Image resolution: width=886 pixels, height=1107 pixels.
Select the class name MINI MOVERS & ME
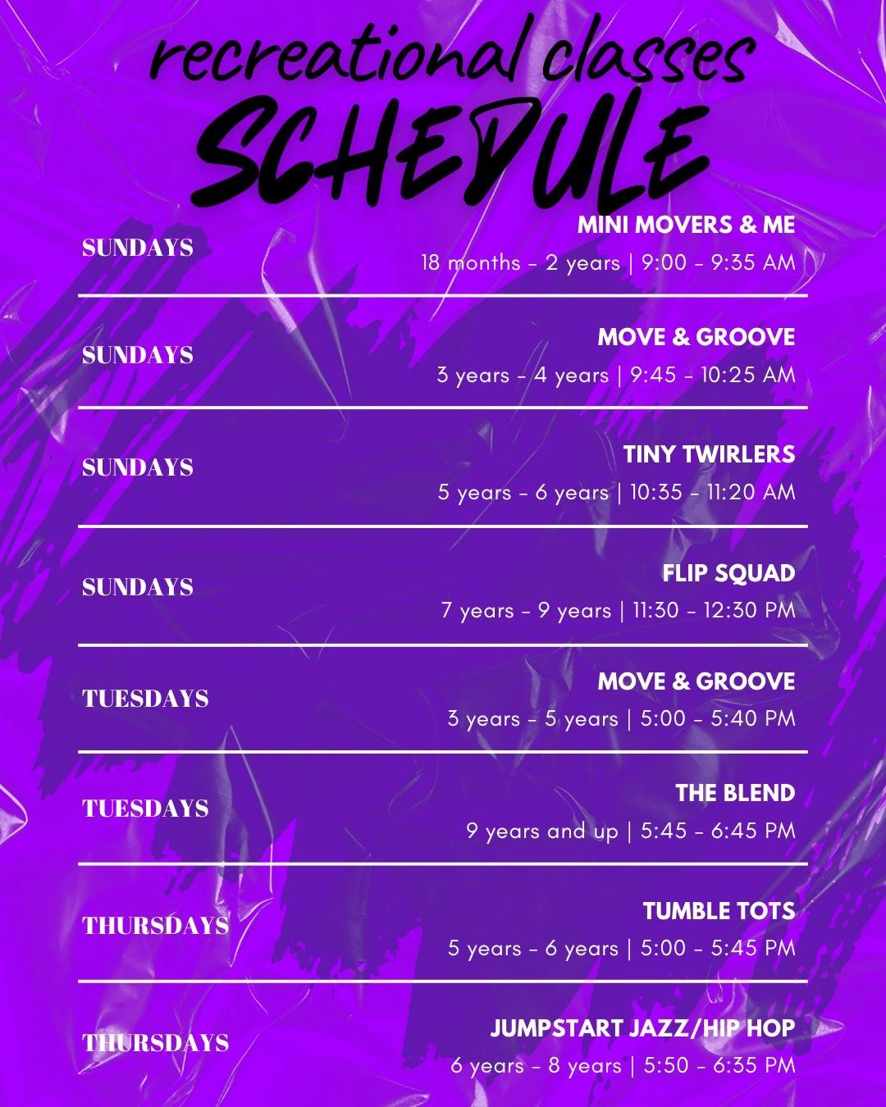point(686,225)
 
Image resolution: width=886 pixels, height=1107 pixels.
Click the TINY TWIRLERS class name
point(709,454)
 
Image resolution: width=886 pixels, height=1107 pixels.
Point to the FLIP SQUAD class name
point(728,573)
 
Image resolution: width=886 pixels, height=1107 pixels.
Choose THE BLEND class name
point(735,793)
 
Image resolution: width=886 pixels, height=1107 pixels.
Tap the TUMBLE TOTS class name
point(719,911)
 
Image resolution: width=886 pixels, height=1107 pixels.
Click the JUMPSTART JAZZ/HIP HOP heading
point(642,1028)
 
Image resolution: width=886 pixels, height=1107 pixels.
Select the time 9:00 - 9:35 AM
point(718,263)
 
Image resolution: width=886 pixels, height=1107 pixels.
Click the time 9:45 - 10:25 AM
point(713,375)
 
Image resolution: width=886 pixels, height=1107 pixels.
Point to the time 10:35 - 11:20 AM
point(713,492)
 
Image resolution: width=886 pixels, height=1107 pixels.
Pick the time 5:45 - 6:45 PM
point(718,831)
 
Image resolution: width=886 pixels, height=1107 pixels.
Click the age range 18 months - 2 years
point(520,263)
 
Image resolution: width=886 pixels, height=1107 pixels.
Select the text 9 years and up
point(542,831)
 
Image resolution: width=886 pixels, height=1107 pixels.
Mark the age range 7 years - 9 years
point(526,611)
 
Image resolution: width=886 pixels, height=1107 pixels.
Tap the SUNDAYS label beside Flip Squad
point(138,587)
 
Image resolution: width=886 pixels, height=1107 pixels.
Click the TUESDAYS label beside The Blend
point(145,809)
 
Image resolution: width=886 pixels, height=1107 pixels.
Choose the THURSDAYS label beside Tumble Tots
point(156,926)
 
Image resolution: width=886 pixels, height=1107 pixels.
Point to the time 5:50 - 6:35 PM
point(719,1065)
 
